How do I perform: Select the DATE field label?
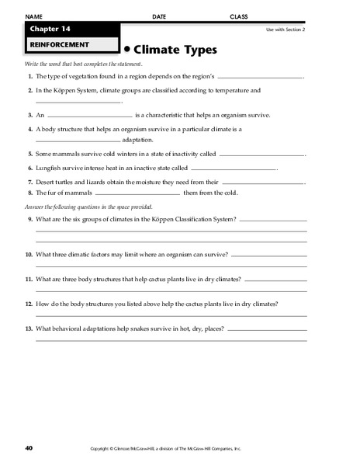(x=159, y=16)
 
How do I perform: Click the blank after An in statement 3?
(x=90, y=114)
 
